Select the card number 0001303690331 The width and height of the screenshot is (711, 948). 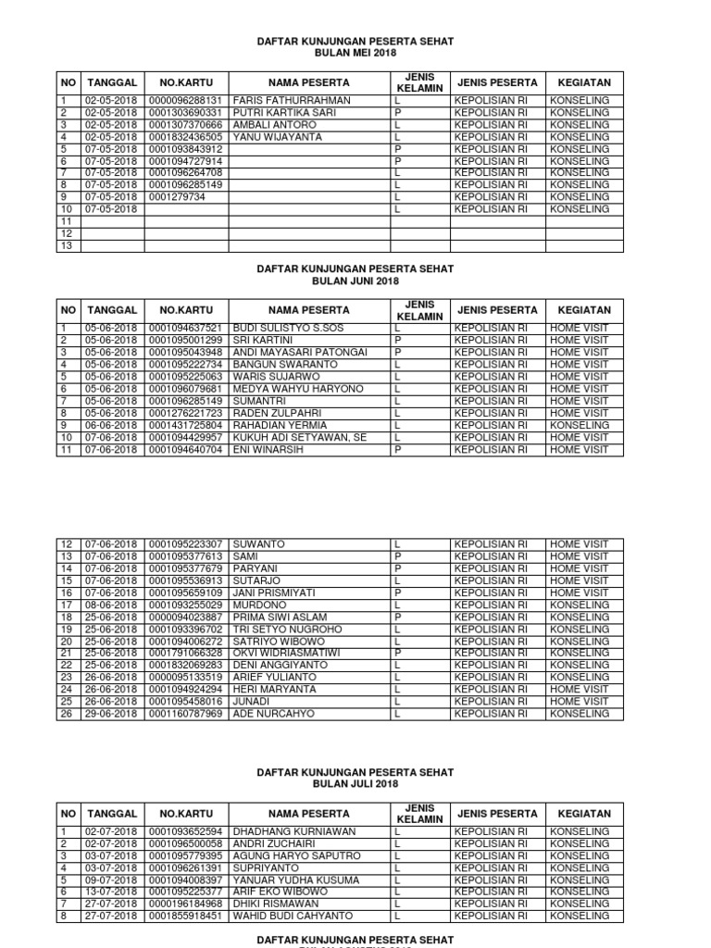pos(185,112)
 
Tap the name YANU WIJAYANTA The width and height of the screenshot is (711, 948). pos(277,136)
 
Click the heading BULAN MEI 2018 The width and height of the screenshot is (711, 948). pos(355,55)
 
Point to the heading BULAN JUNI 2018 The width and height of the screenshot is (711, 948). pos(355,281)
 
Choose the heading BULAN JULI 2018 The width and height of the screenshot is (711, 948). pos(355,784)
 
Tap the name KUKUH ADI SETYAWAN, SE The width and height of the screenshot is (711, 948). pos(288,437)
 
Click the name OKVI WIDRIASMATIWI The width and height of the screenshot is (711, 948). pos(286,653)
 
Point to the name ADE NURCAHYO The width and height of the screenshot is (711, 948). pos(273,714)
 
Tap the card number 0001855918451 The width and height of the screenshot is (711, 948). pos(185,916)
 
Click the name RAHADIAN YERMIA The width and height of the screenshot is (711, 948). pos(275,425)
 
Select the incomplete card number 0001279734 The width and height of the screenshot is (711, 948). pos(177,196)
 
